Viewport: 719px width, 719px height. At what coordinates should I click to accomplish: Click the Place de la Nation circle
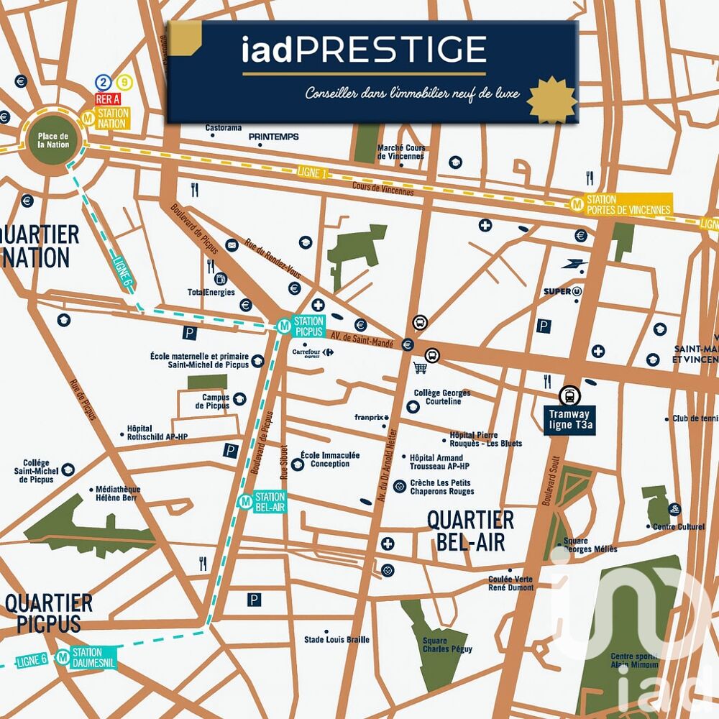coord(53,140)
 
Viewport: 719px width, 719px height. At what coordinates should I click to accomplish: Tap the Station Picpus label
coord(308,326)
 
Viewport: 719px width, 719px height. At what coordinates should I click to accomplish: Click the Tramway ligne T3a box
coord(569,419)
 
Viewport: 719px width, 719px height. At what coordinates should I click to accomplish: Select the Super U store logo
coord(562,291)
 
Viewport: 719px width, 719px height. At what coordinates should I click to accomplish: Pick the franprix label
coord(371,417)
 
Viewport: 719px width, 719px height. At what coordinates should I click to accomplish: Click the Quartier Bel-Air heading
coord(470,530)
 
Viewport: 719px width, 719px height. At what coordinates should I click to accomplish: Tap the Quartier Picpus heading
coord(49,613)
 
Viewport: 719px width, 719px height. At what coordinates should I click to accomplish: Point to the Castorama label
coord(223,128)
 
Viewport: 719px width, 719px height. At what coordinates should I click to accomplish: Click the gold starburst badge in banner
coord(551,100)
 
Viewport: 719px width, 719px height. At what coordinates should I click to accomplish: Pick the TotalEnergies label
coord(211,293)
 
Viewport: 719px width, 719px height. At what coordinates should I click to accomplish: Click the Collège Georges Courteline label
coord(442,397)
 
